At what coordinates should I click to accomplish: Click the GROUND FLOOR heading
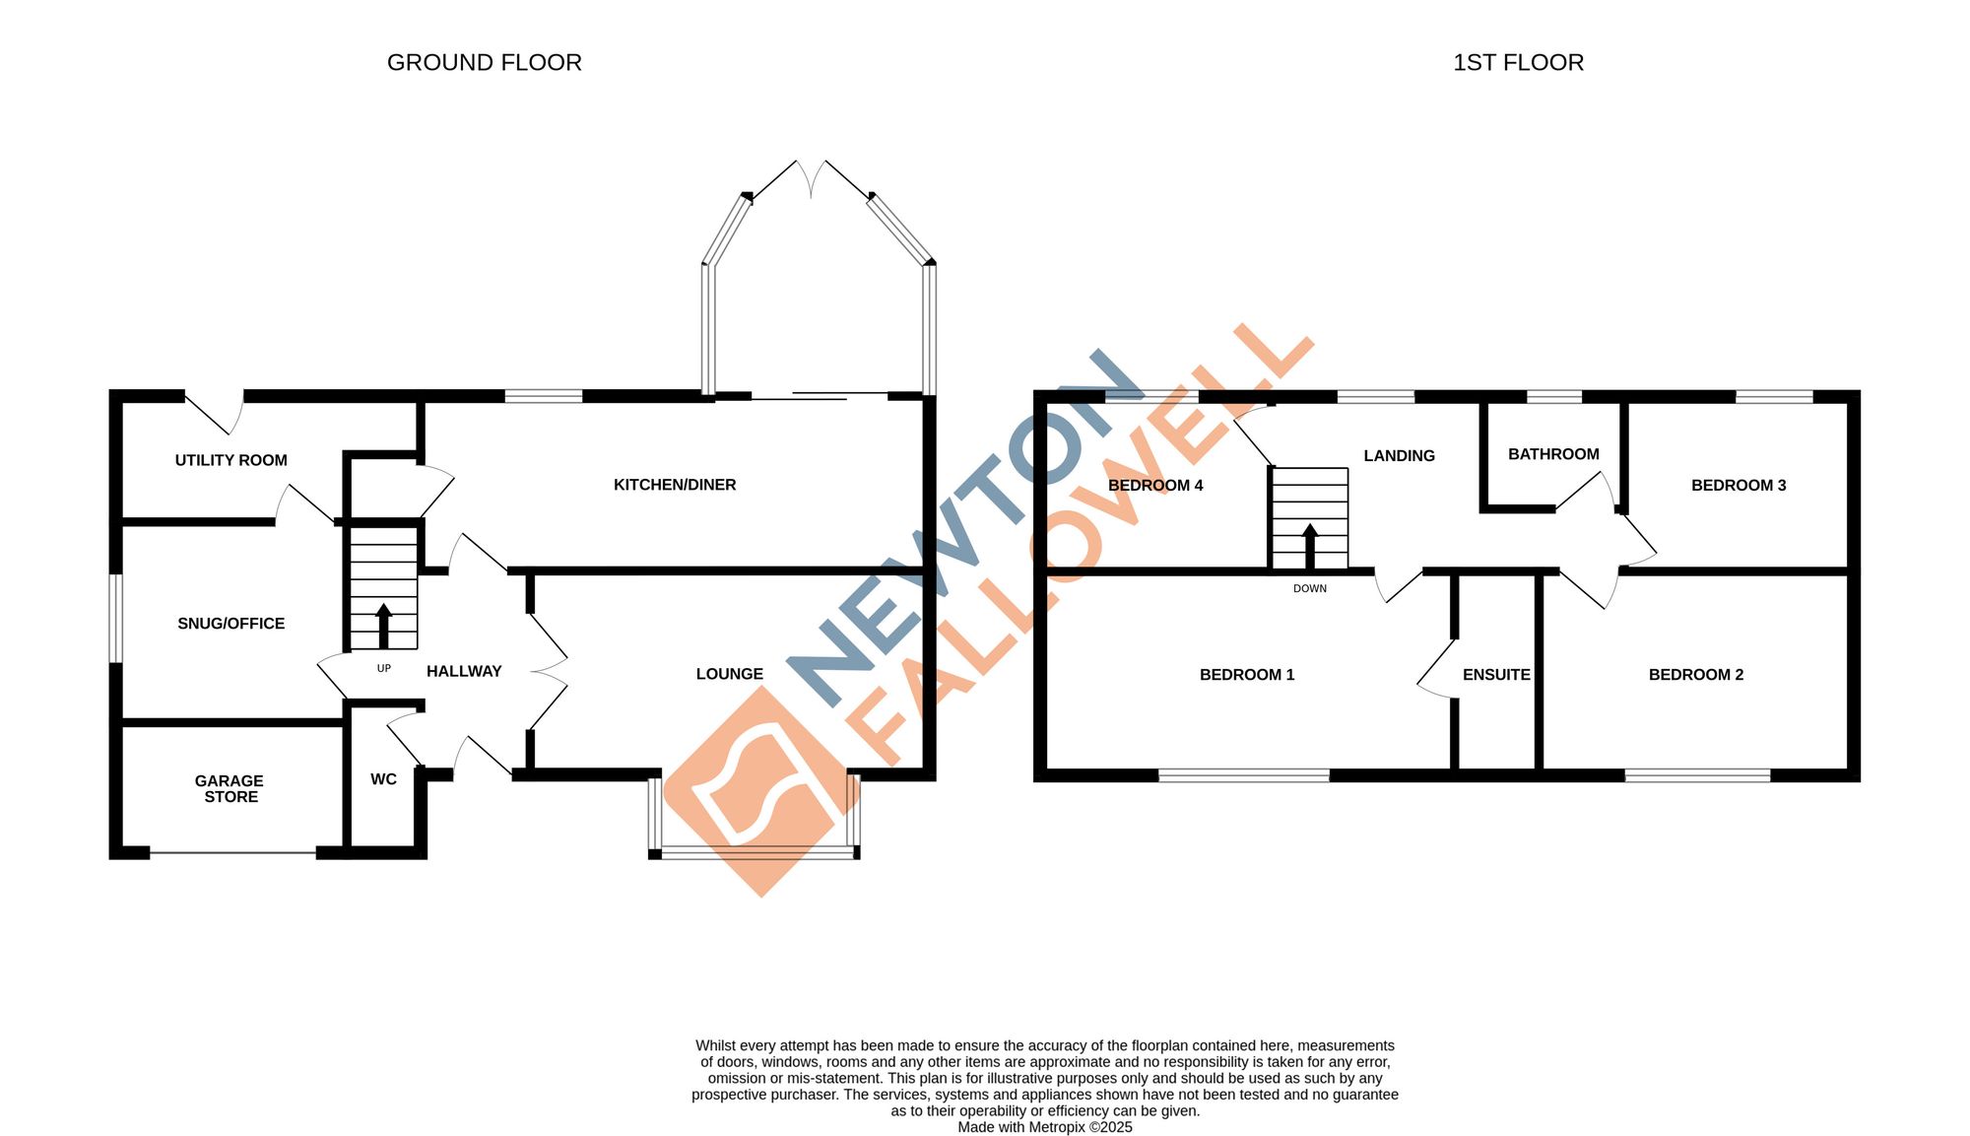point(484,63)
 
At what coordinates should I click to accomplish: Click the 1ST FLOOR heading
point(1518,63)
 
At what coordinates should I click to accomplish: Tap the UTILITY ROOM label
point(230,460)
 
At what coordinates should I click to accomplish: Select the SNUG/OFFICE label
point(230,624)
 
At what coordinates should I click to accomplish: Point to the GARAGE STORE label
point(230,789)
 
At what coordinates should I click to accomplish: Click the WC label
point(383,779)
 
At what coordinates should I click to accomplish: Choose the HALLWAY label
point(464,671)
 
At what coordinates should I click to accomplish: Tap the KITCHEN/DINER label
point(675,485)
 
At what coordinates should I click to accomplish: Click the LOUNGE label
point(729,674)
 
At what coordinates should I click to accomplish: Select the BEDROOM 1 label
point(1246,675)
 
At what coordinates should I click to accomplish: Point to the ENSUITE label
point(1496,675)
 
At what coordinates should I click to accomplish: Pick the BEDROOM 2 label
point(1695,675)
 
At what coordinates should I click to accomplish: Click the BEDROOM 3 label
point(1738,485)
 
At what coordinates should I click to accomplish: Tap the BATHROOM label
point(1553,454)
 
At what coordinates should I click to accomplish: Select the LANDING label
point(1399,455)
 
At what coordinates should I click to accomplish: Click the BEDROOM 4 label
point(1154,485)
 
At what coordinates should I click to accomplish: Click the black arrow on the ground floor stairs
point(383,625)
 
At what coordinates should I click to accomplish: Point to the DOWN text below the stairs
point(1309,589)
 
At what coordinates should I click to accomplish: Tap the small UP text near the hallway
point(383,669)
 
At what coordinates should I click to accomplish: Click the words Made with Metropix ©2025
point(1044,1127)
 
